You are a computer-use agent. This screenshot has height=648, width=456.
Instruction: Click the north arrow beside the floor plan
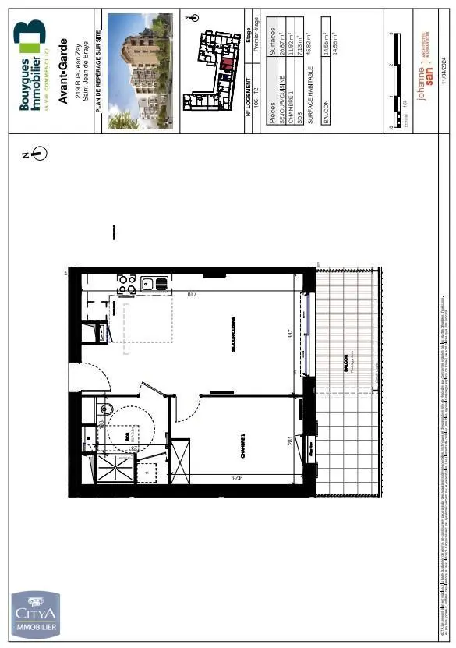[38, 154]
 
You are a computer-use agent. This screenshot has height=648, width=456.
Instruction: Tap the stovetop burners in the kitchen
[125, 285]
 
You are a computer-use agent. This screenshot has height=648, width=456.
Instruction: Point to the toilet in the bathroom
[108, 409]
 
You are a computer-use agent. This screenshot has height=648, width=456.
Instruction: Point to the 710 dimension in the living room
[190, 295]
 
